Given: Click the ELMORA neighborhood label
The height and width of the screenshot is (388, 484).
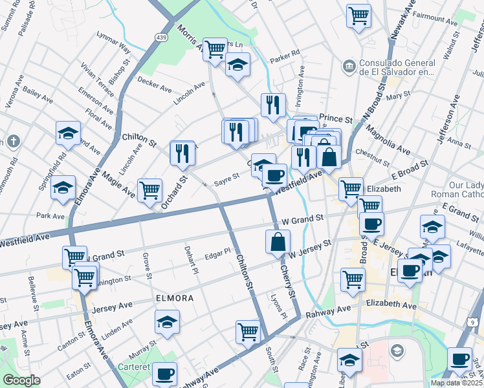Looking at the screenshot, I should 174,298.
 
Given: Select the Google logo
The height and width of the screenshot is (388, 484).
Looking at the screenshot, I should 21,380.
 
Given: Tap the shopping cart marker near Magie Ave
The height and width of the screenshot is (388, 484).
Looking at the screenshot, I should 150,189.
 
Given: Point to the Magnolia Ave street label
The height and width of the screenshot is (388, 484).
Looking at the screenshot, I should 388,140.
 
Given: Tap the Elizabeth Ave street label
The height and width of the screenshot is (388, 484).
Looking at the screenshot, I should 391,303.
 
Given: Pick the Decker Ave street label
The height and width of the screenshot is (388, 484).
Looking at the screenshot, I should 155,83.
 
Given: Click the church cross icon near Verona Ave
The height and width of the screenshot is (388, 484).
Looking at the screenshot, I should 14,142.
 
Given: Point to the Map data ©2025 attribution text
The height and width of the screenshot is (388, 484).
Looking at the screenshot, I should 456,383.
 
